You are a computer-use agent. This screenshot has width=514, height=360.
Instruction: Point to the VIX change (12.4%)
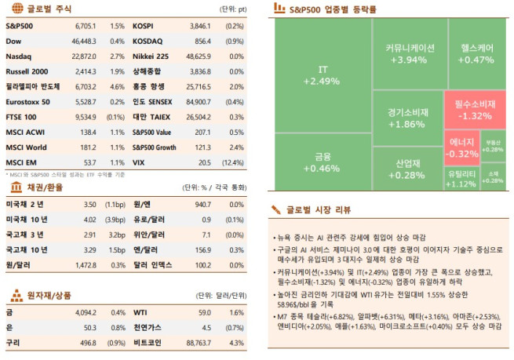232,162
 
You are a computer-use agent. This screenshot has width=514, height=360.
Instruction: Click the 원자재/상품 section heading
48,296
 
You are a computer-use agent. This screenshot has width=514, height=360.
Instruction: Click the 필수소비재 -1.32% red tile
474,109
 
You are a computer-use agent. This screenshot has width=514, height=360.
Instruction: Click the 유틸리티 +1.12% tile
461,177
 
